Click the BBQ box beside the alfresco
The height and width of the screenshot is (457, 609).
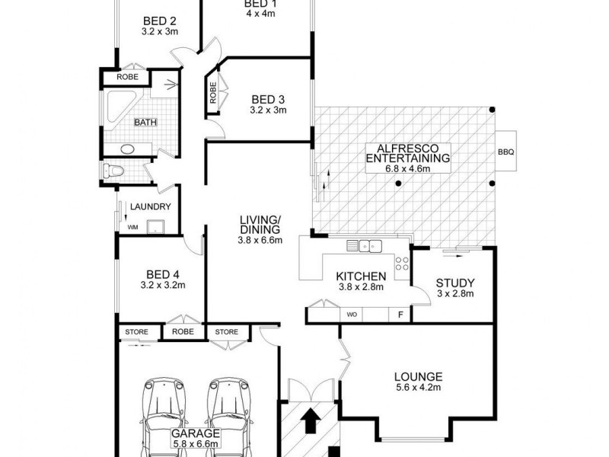click(x=506, y=152)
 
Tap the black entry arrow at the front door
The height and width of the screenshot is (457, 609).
click(x=309, y=420)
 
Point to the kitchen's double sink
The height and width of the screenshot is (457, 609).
click(x=364, y=245)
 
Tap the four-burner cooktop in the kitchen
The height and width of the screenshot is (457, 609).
click(x=402, y=264)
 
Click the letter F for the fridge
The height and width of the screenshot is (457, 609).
click(x=400, y=314)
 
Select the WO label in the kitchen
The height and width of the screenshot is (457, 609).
click(x=352, y=314)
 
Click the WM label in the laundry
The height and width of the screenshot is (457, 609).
click(x=132, y=227)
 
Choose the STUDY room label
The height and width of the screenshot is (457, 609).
click(x=455, y=283)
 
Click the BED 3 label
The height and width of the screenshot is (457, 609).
click(x=268, y=99)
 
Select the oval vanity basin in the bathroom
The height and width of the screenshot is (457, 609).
click(x=127, y=149)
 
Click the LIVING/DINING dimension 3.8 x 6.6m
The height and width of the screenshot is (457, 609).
click(x=259, y=241)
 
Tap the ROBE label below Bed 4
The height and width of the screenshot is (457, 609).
click(x=183, y=332)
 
